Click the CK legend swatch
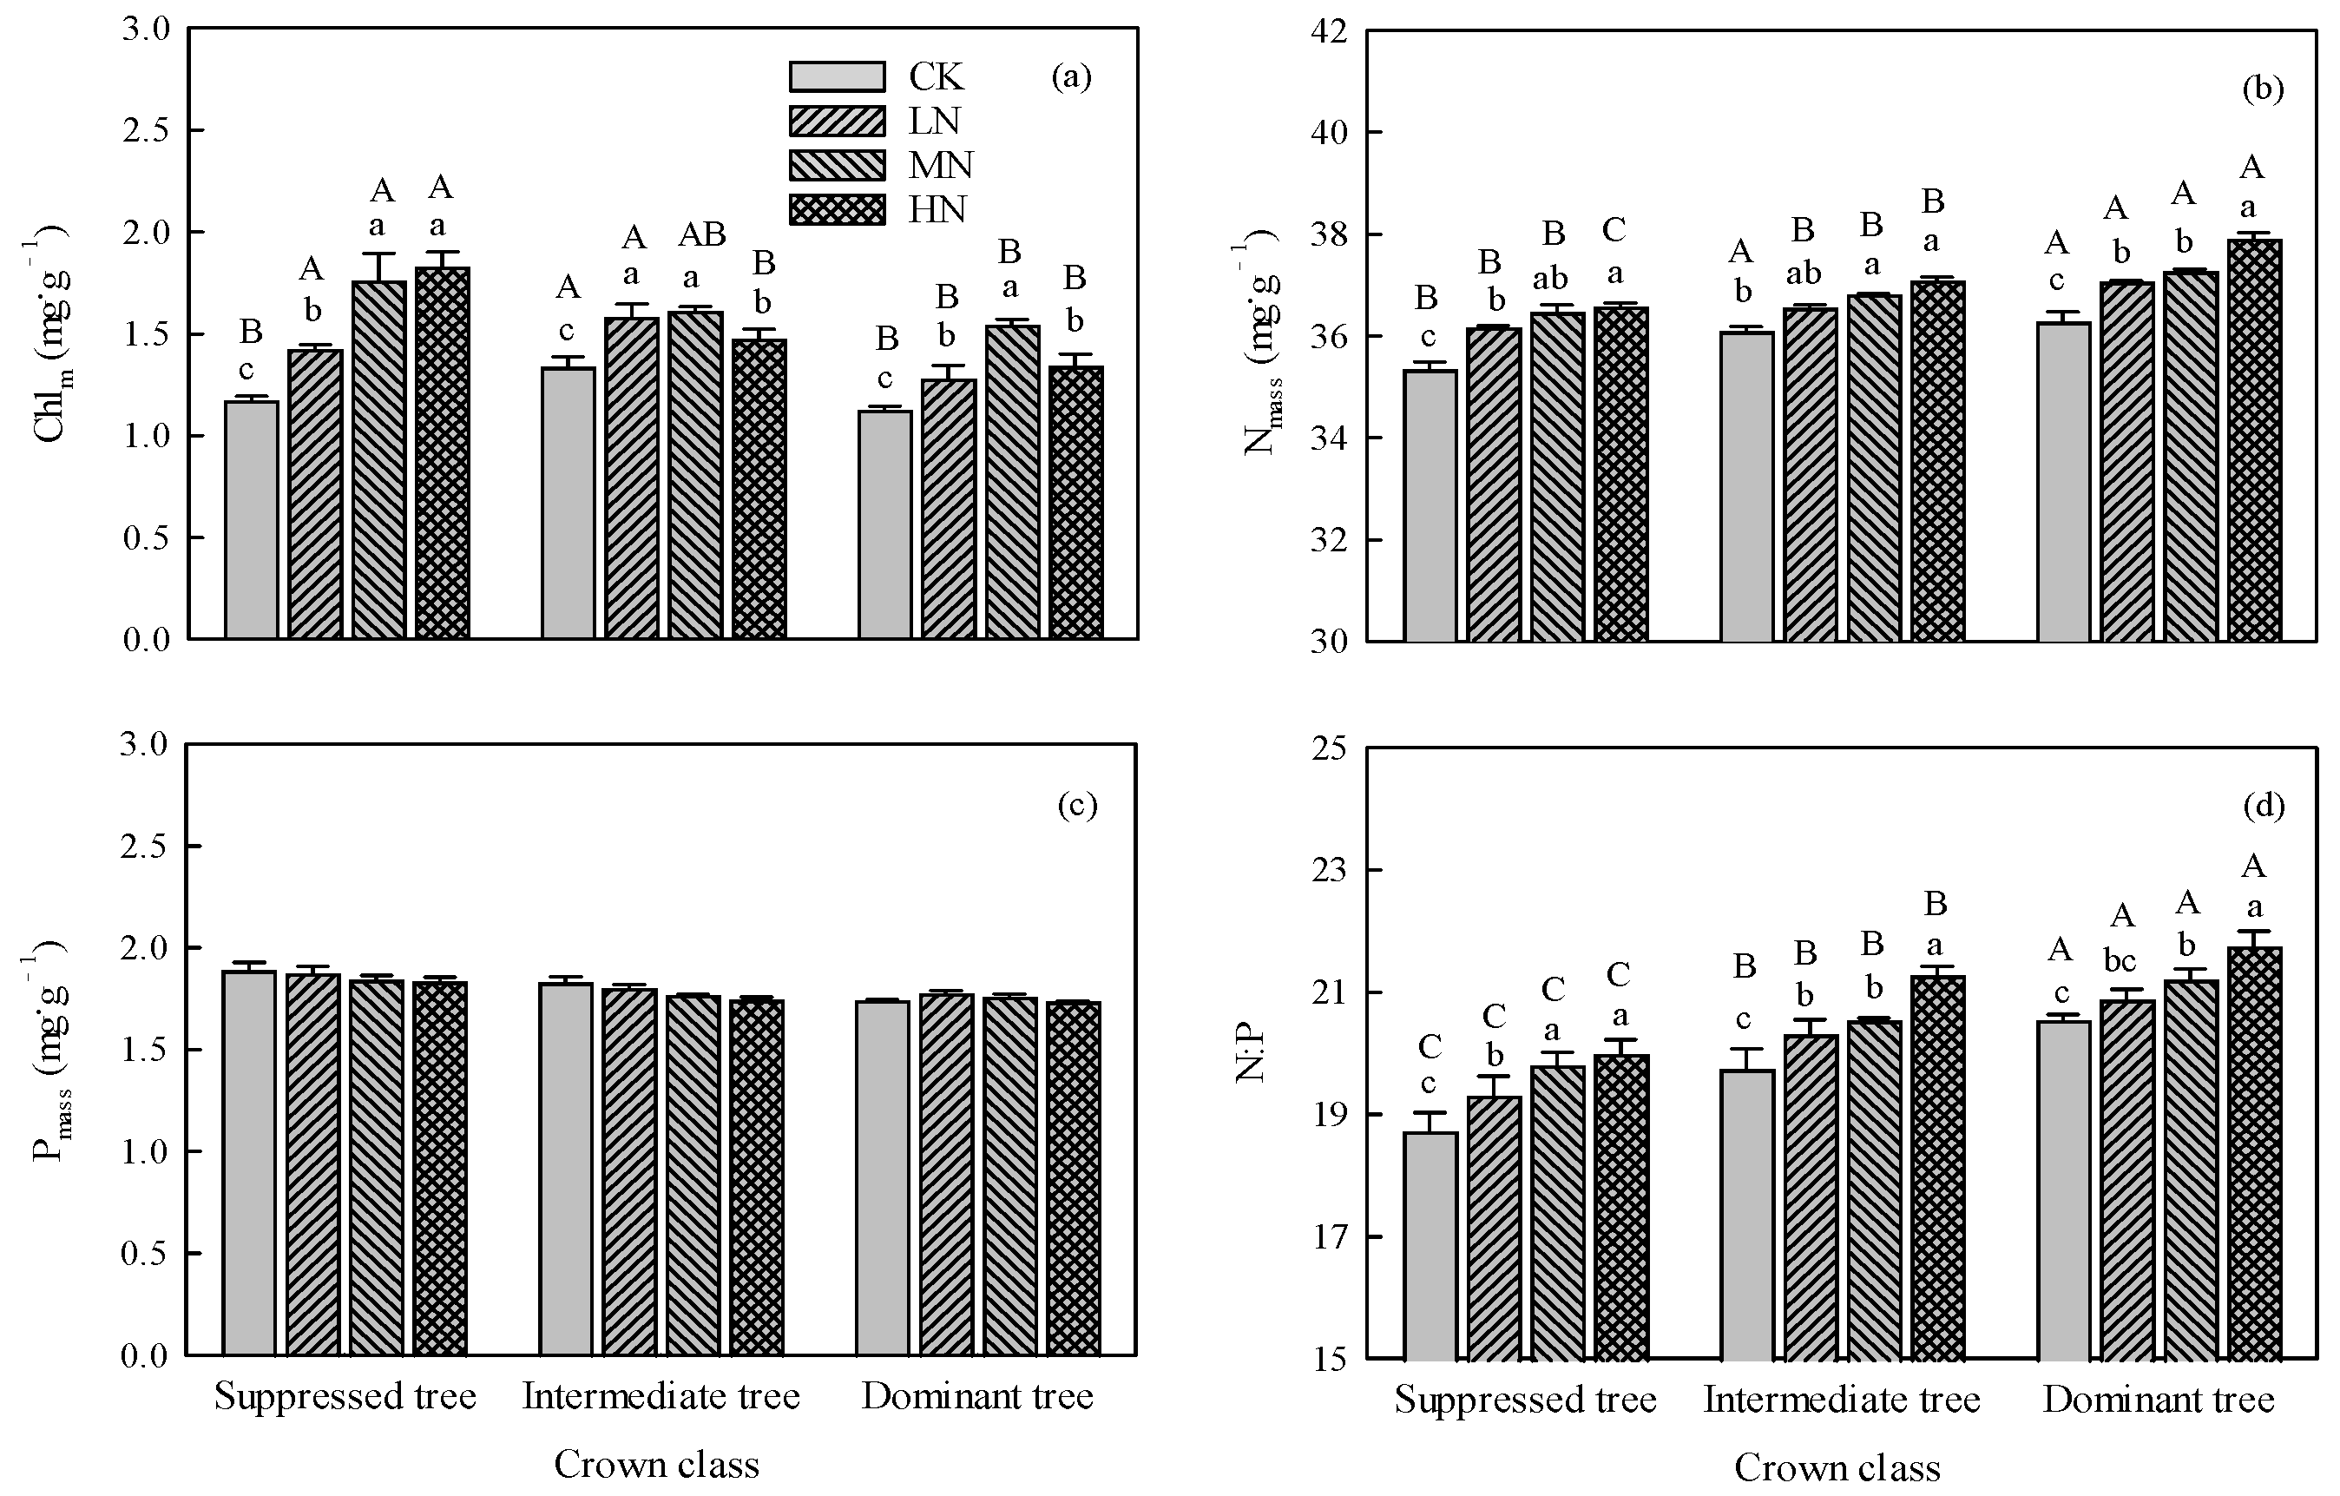[x=837, y=76]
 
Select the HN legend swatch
[x=837, y=210]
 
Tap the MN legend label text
[x=940, y=165]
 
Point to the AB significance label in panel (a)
[x=701, y=234]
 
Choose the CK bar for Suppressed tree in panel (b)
[x=1430, y=505]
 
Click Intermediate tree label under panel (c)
[x=661, y=1397]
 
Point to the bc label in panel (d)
[x=2120, y=960]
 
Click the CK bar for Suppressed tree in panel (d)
[x=1430, y=1245]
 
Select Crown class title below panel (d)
[x=1837, y=1468]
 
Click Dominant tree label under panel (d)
[x=2159, y=1400]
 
